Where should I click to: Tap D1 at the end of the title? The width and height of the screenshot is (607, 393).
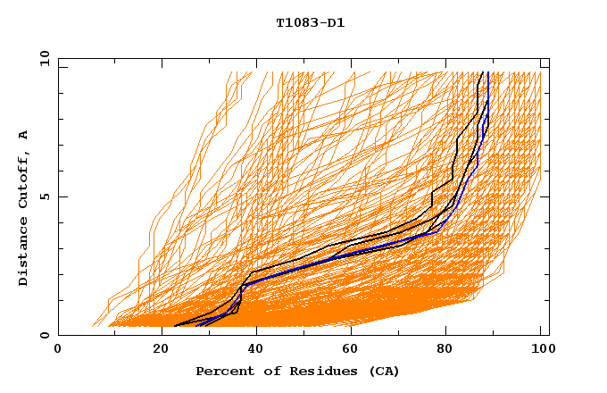336,23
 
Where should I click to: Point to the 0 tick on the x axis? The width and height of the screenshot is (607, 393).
58,349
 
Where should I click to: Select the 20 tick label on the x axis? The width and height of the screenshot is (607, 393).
154,349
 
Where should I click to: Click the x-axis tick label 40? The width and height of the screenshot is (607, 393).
252,349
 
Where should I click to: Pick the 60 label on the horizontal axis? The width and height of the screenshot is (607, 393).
348,349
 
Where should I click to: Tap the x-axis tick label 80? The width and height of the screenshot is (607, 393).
445,349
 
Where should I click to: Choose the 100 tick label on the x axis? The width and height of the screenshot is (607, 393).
541,349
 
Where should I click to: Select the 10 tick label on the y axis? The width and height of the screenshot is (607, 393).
42,58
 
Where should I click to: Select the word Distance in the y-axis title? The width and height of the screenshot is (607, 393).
24,255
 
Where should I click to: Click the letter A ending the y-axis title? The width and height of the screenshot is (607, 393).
24,134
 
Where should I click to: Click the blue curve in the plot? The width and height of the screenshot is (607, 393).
295,265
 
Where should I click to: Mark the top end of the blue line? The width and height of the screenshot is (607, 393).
488,72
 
